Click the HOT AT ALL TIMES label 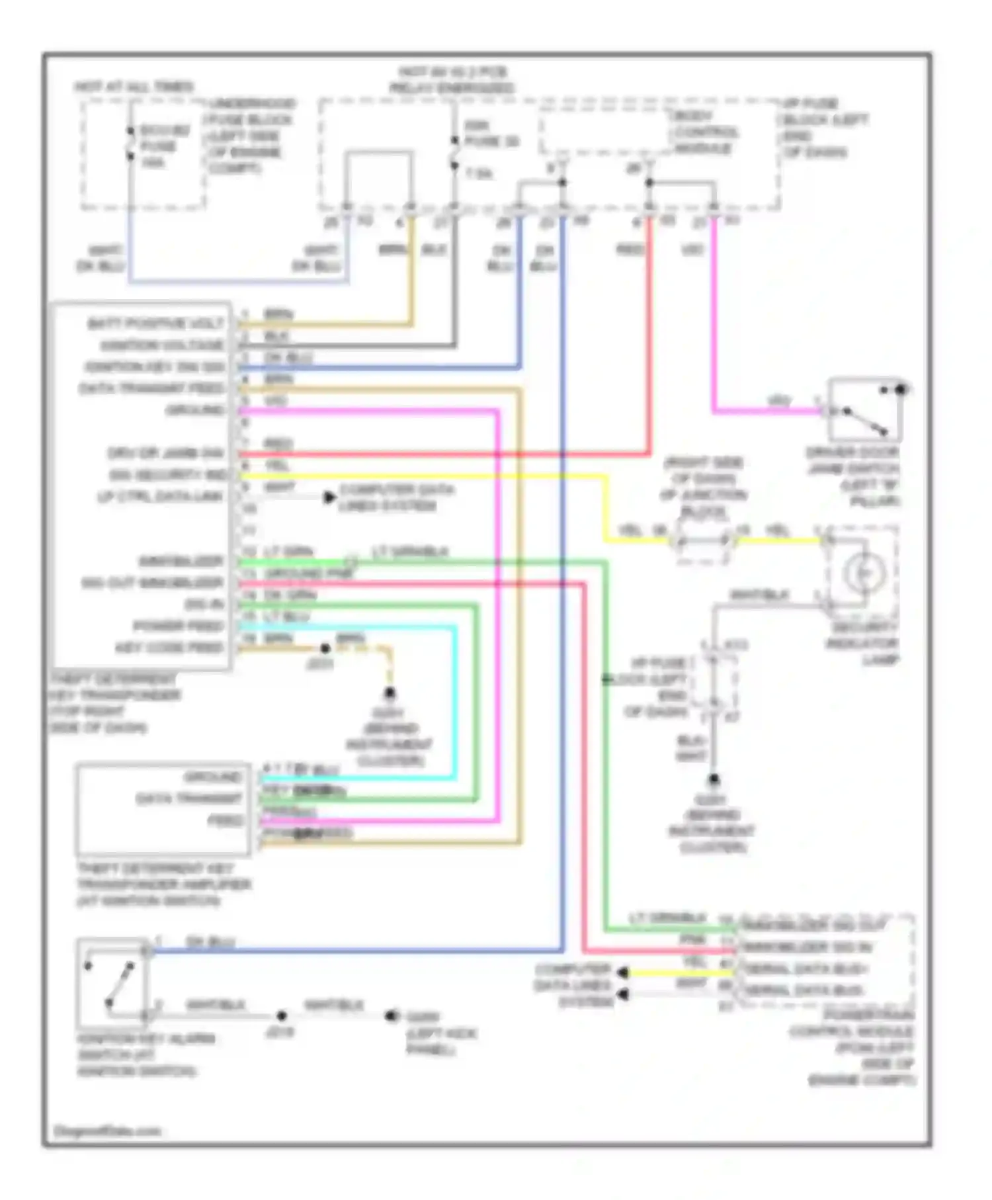pos(134,87)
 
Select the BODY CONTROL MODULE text pos(705,132)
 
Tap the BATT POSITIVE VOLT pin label pos(156,323)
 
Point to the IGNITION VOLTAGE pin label pos(162,345)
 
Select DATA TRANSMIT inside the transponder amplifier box pos(189,799)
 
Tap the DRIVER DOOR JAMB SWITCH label pos(853,476)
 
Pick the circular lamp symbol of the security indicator pos(864,573)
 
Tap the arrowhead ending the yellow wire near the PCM pos(622,972)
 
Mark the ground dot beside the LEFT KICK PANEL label pos(392,1015)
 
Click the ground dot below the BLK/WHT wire pos(714,780)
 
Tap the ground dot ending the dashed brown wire pos(390,693)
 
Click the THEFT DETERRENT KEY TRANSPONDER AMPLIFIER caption pos(164,884)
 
